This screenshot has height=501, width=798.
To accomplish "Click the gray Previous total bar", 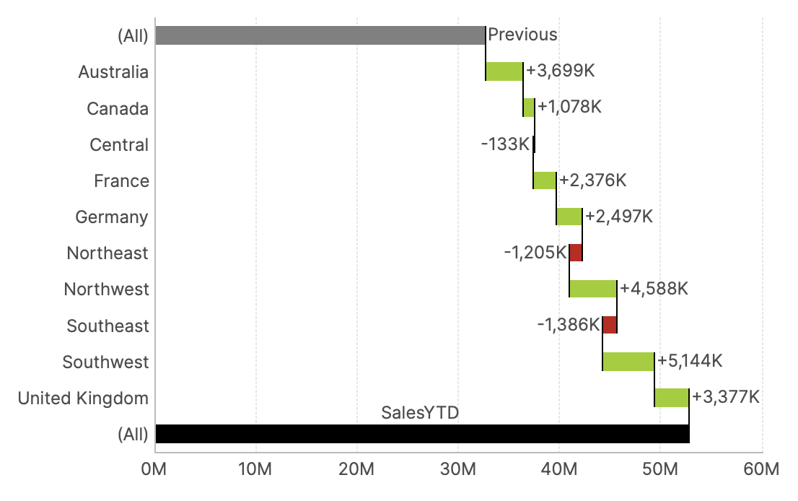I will (x=320, y=35).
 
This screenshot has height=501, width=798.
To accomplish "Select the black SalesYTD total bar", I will (x=422, y=434).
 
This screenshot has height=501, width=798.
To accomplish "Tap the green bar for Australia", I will (x=504, y=71).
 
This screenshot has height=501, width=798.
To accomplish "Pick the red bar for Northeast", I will (x=575, y=253).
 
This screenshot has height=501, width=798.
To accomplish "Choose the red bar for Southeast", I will (x=609, y=325).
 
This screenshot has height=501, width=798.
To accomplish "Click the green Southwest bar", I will (x=628, y=361).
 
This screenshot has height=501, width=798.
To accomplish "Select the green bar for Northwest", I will (x=592, y=289).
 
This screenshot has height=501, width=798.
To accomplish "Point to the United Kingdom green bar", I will (x=671, y=398).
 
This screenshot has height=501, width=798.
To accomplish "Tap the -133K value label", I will (x=505, y=144).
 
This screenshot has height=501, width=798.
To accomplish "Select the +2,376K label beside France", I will (x=592, y=180).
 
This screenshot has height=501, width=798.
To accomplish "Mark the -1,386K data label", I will (x=568, y=325).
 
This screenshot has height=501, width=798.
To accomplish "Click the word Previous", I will (x=522, y=35).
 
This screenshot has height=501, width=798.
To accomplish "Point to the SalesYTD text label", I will (x=420, y=413).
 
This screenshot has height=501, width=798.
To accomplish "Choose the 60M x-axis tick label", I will (x=761, y=469).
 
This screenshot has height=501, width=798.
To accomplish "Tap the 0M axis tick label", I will (x=155, y=469).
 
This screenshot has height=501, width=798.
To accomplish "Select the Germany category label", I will (x=112, y=217).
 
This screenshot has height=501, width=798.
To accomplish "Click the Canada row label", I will (x=118, y=109).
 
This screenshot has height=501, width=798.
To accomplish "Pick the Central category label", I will (x=119, y=145).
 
